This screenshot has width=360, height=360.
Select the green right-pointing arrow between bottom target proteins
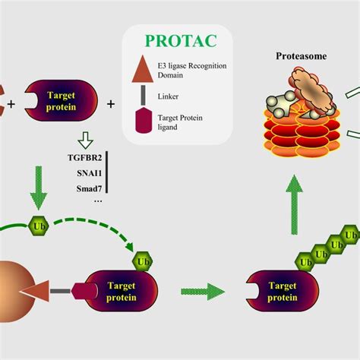coord(204,291)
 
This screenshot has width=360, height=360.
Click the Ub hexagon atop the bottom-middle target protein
coord(142,263)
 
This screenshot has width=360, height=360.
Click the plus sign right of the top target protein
coord(111,103)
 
